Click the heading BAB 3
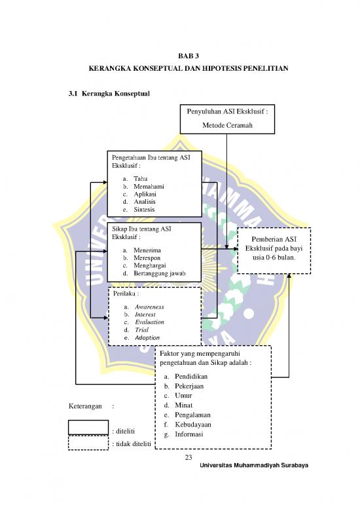[188, 56]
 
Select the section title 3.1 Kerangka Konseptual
[109, 94]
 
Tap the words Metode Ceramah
[227, 125]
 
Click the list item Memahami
[149, 186]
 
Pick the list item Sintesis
[144, 210]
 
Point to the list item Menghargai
[149, 265]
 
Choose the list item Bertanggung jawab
[160, 273]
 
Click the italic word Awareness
[149, 307]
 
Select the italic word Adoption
[147, 337]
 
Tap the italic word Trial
[142, 330]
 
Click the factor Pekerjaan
[189, 386]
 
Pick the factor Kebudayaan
[193, 424]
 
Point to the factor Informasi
[189, 434]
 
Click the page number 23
[189, 457]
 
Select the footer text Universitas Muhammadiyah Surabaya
[254, 465]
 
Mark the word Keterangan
[85, 406]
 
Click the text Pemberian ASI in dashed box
[274, 239]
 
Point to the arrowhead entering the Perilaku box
[105, 318]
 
